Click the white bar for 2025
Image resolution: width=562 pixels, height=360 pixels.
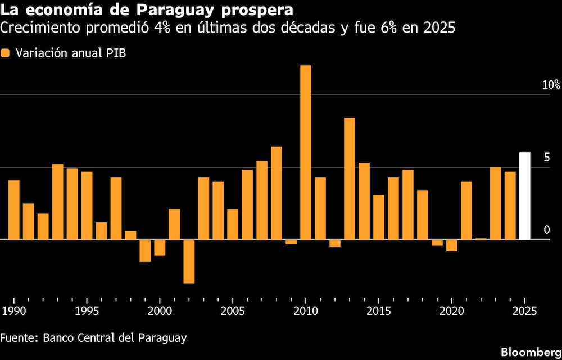coord(524,196)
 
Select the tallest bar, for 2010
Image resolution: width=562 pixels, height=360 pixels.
coord(306,152)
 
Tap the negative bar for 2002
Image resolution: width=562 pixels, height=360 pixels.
coord(189,261)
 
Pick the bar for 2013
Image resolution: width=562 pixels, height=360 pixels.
coord(350,178)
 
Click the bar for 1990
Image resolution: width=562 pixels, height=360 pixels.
coord(14,210)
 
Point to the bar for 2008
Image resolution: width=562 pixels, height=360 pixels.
coord(277,193)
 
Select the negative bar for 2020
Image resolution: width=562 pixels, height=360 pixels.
coord(452,245)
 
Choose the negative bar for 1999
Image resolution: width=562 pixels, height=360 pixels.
coord(145,250)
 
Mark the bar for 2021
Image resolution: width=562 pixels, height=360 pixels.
coord(466,210)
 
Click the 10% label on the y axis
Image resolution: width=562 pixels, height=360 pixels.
coord(551,85)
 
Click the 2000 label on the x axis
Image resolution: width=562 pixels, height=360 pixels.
coord(160,310)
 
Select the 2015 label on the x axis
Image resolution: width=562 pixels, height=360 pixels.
coord(378,310)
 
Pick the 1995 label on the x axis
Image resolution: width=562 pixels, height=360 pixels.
coord(87,310)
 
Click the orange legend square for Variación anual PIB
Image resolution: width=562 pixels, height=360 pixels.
coord(6,53)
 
